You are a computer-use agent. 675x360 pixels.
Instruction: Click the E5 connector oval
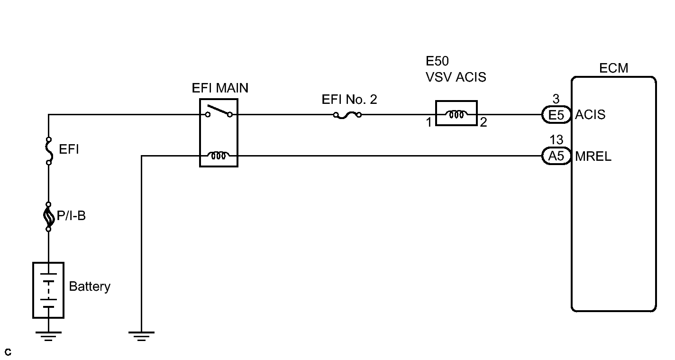click(556, 115)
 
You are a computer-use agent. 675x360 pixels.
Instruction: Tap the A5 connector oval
click(556, 156)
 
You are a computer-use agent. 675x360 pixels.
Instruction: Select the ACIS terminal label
click(590, 115)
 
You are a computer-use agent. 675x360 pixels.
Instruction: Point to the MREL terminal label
click(593, 156)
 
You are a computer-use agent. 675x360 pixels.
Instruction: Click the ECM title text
click(613, 68)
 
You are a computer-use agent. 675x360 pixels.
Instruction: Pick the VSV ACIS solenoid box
click(456, 113)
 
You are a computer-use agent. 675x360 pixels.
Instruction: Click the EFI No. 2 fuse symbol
click(347, 115)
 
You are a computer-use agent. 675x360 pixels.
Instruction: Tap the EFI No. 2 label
click(349, 100)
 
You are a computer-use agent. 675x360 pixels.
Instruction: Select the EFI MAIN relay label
click(220, 88)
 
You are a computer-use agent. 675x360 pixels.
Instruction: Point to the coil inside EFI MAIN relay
click(219, 155)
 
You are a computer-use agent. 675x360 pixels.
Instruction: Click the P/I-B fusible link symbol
click(48, 216)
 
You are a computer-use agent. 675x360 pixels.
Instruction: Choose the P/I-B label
click(71, 216)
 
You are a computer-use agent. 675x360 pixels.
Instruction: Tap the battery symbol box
click(48, 290)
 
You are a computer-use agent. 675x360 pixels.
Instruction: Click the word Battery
click(90, 286)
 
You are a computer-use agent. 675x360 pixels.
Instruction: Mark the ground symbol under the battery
click(48, 336)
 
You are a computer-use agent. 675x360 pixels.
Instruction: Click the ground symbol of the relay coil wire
click(141, 336)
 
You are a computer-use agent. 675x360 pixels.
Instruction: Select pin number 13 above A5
click(556, 140)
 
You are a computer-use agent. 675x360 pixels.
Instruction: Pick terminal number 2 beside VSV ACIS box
click(483, 122)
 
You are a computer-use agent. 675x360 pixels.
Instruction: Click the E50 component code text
click(437, 61)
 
